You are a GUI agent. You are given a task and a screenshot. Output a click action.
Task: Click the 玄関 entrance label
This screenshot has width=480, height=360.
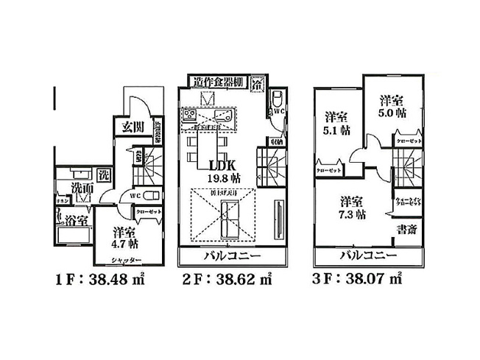point(134,126)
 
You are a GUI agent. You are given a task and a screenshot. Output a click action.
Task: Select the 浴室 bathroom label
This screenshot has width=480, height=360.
point(75,219)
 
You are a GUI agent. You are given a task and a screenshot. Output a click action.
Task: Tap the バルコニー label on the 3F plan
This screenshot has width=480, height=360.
point(368,256)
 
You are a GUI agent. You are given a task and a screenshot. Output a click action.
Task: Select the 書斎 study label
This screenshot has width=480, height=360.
point(406,230)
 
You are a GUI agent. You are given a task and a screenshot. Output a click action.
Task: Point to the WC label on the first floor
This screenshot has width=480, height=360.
point(135,197)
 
